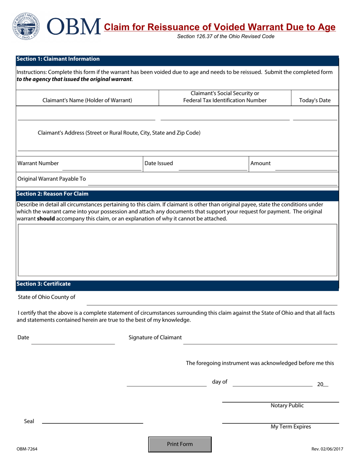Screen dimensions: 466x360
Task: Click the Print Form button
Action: point(180,444)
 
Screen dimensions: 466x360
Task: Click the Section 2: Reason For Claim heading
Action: point(53,194)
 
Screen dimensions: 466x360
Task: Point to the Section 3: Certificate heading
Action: point(44,284)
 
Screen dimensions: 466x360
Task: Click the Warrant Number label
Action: point(38,163)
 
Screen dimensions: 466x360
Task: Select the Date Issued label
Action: point(159,163)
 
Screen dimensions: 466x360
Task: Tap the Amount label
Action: point(261,163)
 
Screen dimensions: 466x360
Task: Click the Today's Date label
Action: point(315,100)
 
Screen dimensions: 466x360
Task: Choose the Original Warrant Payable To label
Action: point(52,179)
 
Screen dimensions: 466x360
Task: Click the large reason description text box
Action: point(177,250)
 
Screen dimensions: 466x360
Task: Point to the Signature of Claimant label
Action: point(155,337)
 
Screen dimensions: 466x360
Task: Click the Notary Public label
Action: point(287,405)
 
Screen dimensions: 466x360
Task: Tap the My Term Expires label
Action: point(291,427)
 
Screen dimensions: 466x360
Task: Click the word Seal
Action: point(29,421)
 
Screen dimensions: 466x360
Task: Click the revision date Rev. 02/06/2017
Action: point(327,449)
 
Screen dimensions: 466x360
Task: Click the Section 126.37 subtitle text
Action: point(225,36)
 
